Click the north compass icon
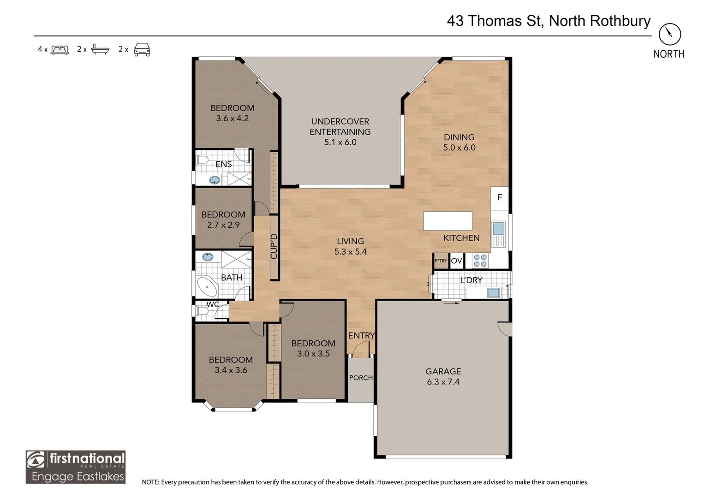pos(669,34)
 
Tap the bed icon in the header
pos(60,49)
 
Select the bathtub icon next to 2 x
pos(100,49)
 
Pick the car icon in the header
pos(142,49)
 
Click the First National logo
pos(76,467)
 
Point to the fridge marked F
pos(499,197)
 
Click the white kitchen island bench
pos(447,221)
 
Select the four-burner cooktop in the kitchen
pos(480,261)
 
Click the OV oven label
pos(456,261)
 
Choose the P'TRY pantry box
pos(441,261)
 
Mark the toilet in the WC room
pos(202,311)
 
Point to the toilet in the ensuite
pos(202,160)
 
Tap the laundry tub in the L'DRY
pos(493,292)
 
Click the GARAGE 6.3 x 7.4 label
pos(443,376)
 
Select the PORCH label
pos(361,378)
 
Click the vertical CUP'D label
pos(274,246)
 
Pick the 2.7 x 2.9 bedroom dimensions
pos(223,225)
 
